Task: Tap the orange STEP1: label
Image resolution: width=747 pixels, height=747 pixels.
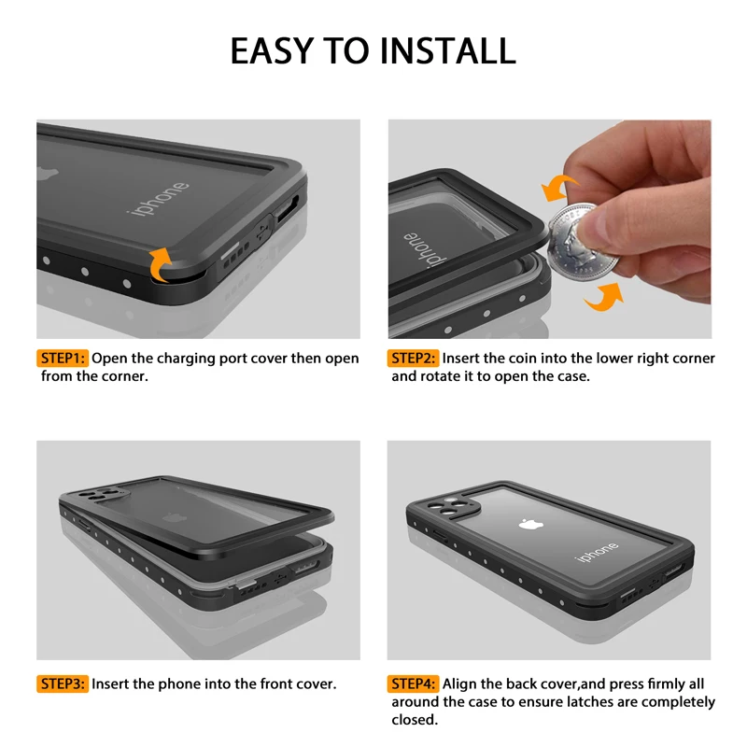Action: (63, 359)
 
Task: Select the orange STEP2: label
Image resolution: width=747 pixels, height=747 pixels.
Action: (413, 359)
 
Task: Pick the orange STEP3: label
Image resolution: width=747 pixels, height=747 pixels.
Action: (63, 684)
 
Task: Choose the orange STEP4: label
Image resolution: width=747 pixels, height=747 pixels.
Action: (413, 684)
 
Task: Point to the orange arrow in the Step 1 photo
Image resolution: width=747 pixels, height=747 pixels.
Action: (160, 265)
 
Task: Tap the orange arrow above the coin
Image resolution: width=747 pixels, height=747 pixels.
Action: (558, 188)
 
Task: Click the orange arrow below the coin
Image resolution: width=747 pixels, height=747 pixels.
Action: (605, 297)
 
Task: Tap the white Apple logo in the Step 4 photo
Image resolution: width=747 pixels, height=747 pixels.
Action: (530, 525)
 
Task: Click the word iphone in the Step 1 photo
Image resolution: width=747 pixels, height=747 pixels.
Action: (158, 199)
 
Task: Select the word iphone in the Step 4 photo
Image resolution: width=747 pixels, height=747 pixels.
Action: (597, 551)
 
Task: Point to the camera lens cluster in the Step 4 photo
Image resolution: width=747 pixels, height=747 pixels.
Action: (449, 506)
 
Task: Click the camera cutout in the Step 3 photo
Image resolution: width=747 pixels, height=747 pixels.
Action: (102, 495)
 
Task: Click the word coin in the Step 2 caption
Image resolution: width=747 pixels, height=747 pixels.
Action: (524, 359)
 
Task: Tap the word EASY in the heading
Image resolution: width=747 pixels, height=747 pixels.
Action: (272, 51)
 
